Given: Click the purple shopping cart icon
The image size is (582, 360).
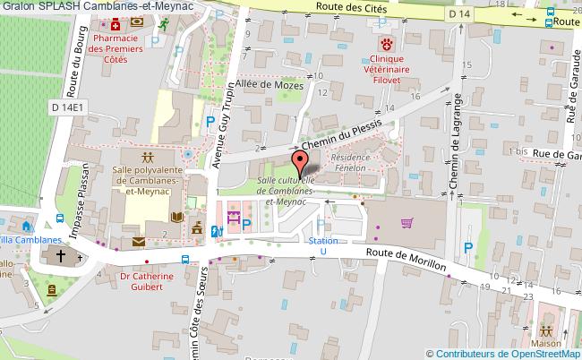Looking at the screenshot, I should [407, 223].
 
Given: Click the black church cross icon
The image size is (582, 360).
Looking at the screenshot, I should [59, 257].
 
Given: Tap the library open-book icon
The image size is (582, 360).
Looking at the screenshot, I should [176, 218].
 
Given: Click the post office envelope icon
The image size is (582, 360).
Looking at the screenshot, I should [139, 241].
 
